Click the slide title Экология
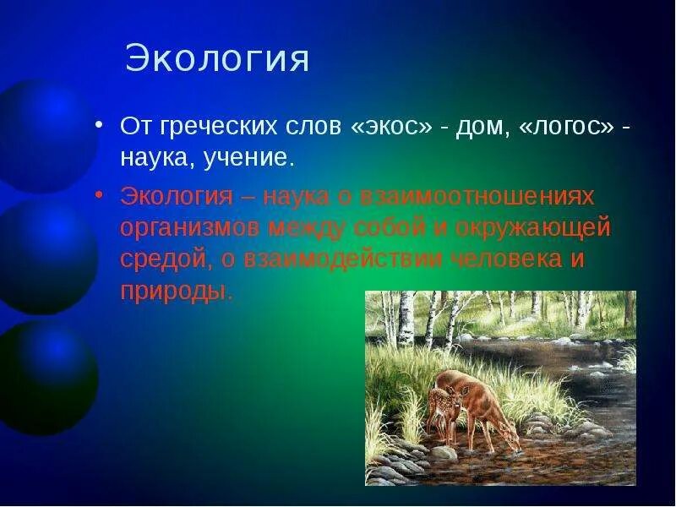[217, 58]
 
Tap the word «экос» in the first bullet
[391, 126]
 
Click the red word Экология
[177, 198]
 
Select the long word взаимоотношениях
[477, 197]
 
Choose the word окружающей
[533, 228]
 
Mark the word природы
[177, 292]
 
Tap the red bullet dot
[99, 195]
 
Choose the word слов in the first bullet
[313, 127]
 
